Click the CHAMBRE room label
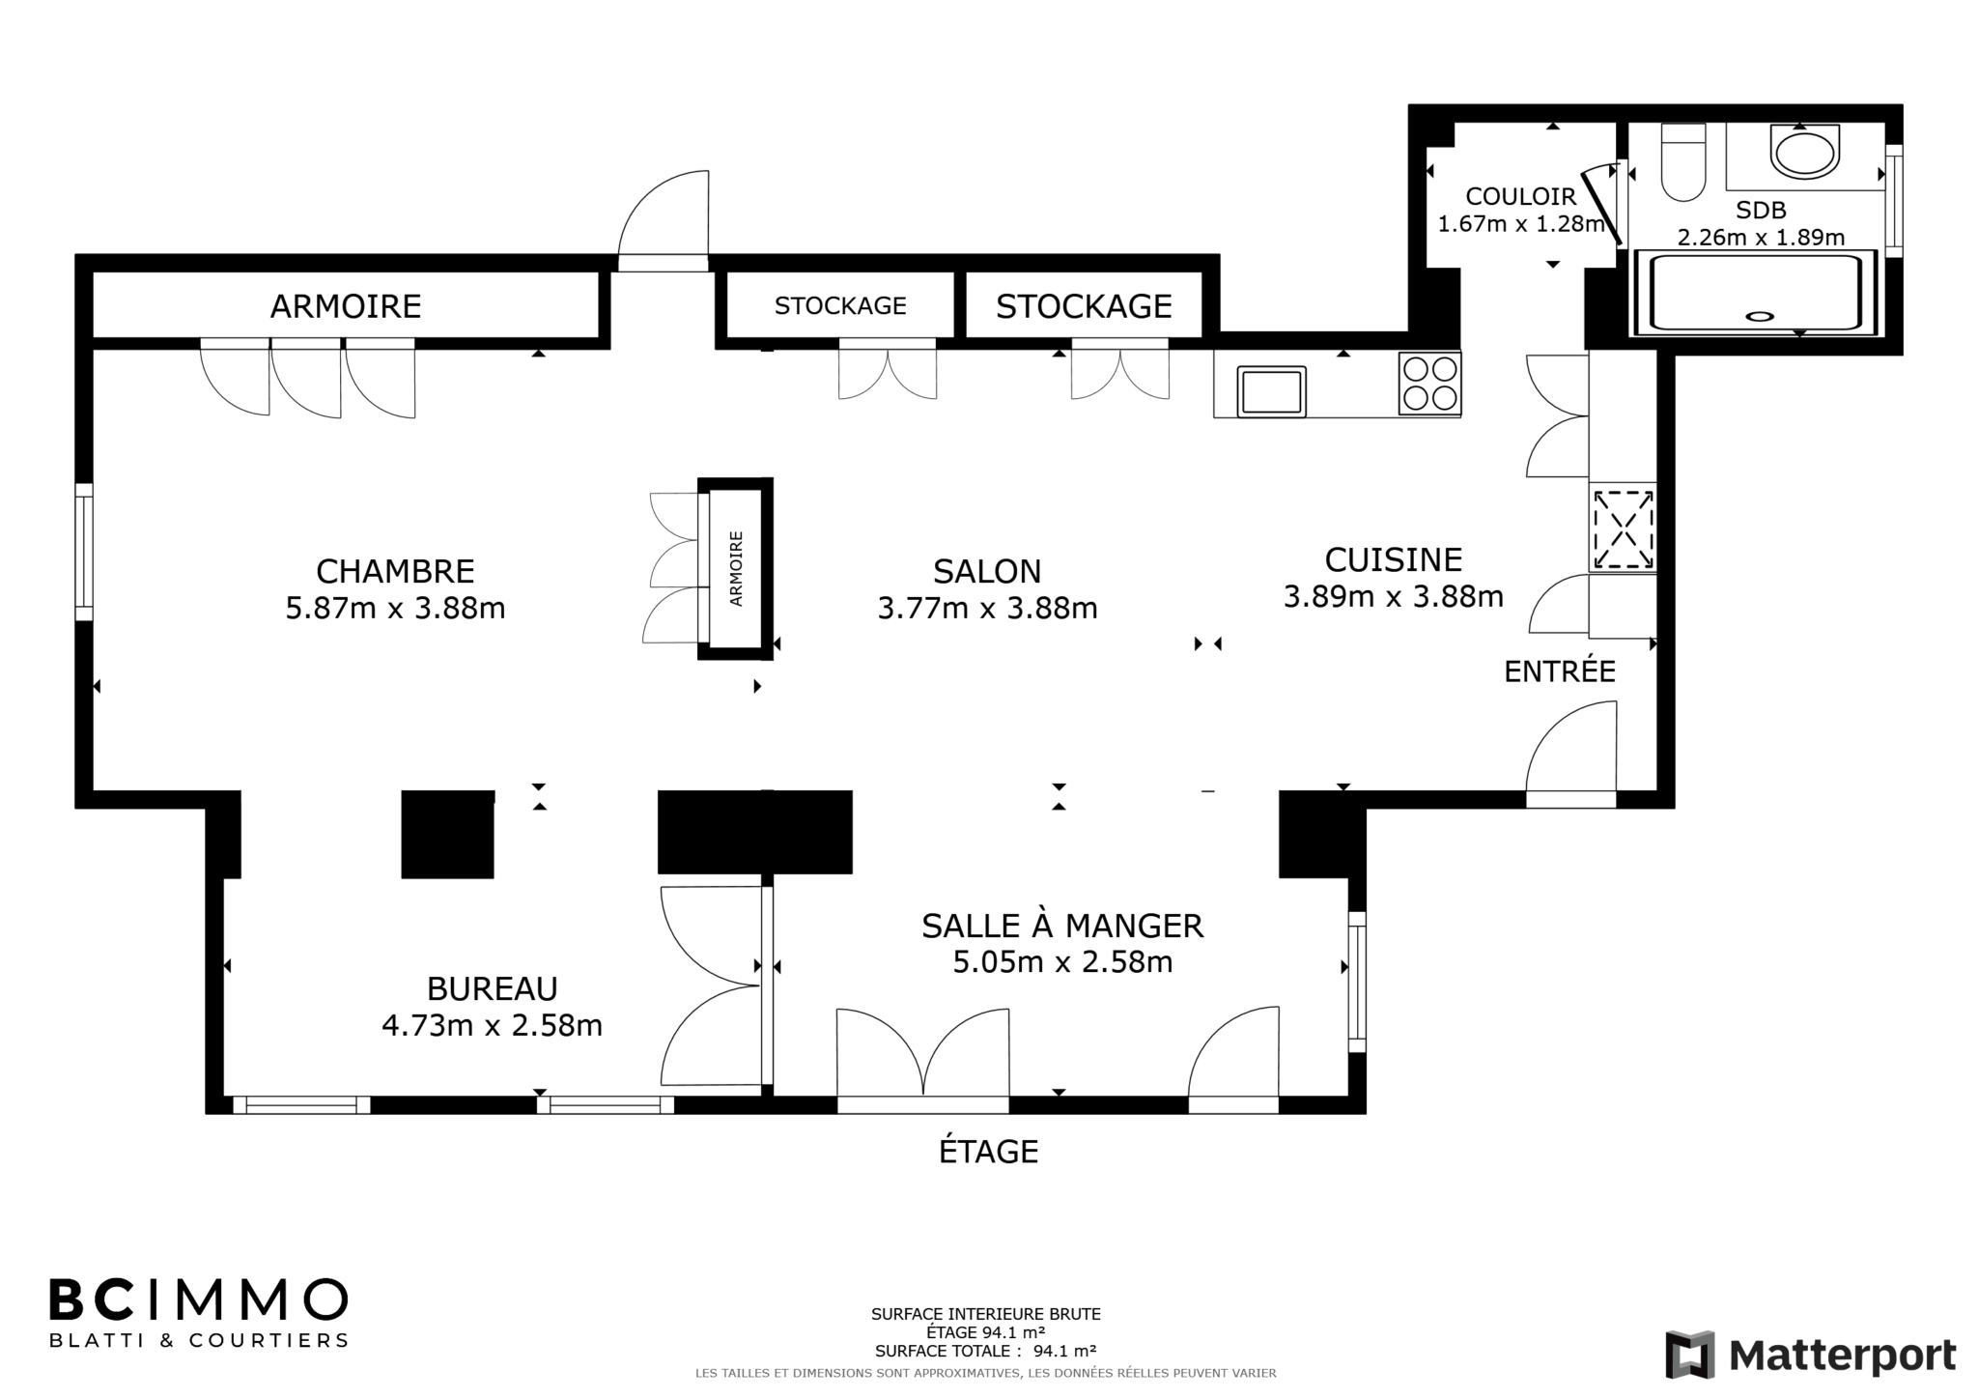395,571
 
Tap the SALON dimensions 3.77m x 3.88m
987,609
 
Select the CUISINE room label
1393,559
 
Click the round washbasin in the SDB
1805,153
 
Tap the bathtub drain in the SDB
1760,315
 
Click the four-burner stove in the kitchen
1429,384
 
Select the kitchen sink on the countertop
1271,391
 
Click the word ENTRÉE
1560,671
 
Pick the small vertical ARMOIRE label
737,569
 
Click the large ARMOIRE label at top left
346,306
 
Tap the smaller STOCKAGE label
840,306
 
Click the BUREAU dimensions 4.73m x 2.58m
492,1025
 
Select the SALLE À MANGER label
1062,926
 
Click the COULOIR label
1520,196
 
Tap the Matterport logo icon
1690,1355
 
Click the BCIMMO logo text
198,1299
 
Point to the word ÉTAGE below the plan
988,1151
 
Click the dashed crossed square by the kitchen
1624,528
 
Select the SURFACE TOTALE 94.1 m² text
985,1351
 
